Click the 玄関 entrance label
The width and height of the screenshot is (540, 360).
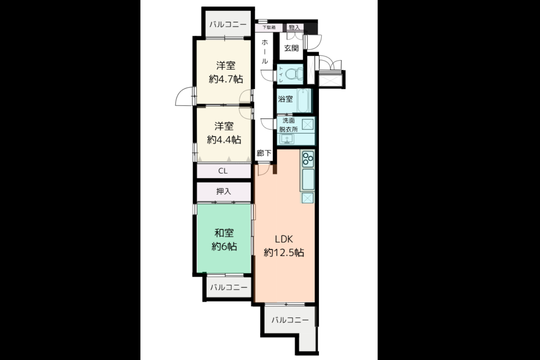point(291,48)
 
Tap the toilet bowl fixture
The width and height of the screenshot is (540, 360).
point(294,74)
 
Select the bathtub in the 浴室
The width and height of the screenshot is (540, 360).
point(303,100)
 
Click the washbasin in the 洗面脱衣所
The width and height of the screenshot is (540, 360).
point(287,139)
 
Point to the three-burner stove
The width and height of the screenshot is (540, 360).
point(308,159)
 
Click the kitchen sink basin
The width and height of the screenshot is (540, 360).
point(308,179)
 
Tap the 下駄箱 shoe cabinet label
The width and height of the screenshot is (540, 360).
point(269,27)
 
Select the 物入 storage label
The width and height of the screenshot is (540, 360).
point(294,27)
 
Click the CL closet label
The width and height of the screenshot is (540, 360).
point(223,171)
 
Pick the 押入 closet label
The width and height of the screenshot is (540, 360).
point(224,192)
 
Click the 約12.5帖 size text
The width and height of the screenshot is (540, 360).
point(284,252)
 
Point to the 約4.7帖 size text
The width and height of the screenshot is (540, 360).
point(226,79)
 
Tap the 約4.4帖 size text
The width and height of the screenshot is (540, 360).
point(224,140)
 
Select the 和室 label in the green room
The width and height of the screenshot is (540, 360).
point(224,233)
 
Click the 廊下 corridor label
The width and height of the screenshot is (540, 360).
point(264,153)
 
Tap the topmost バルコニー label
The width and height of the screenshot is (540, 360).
point(228,24)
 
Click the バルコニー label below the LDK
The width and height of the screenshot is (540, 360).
point(290,320)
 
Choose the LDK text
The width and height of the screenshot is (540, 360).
point(284,239)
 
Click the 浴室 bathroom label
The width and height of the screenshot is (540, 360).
point(285,99)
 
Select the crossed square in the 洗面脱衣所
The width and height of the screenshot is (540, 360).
point(308,125)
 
